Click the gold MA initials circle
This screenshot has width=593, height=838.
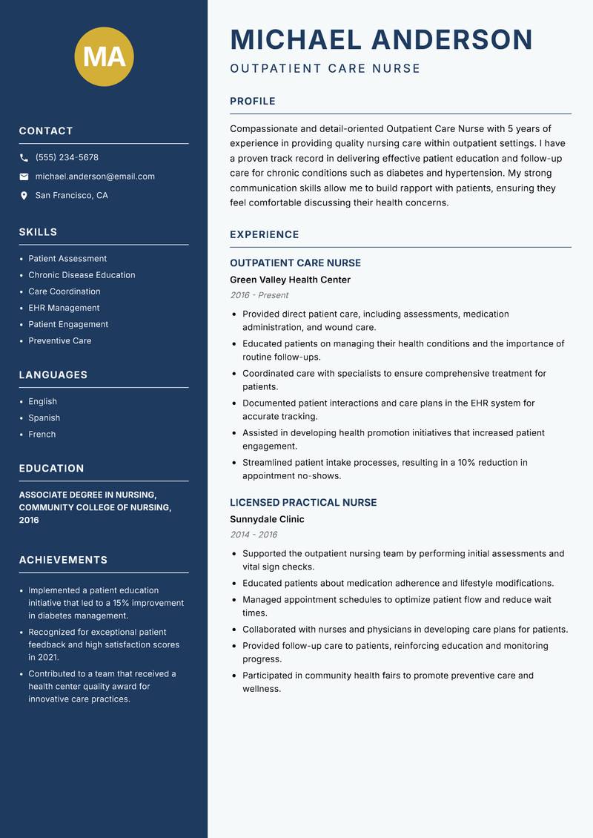(105, 56)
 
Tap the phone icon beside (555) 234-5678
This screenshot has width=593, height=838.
(24, 158)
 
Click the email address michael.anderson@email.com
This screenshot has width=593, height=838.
(95, 176)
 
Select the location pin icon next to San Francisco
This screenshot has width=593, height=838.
(24, 196)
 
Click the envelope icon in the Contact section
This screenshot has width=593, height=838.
(24, 176)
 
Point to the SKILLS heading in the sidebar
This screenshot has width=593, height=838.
(38, 232)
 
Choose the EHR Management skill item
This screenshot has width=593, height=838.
(64, 308)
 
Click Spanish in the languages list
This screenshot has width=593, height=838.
(44, 418)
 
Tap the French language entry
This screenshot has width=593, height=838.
(42, 434)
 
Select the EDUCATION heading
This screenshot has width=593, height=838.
(51, 469)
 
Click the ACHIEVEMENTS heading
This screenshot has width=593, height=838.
(63, 560)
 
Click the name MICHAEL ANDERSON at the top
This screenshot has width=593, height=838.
(381, 39)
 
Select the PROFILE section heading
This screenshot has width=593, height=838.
(252, 102)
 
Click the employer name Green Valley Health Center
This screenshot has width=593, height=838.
(290, 280)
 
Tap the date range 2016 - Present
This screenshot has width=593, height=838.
(259, 295)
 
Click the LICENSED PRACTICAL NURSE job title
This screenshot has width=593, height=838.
(303, 502)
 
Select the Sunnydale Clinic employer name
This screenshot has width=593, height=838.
(267, 519)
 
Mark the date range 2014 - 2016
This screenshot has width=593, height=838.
(253, 535)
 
